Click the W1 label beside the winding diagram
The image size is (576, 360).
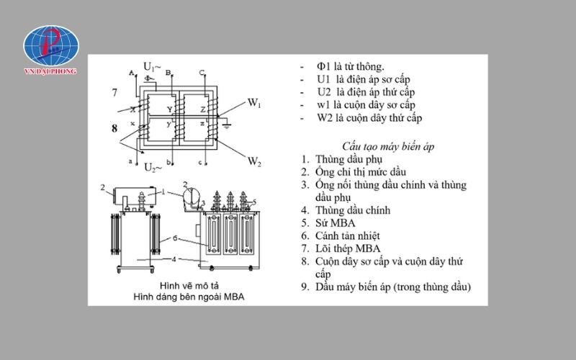[x=254, y=104]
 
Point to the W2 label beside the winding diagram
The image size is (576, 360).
[x=254, y=161]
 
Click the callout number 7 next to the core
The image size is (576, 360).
[x=114, y=93]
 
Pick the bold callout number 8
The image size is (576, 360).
[x=114, y=129]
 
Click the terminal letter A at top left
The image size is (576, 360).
[x=130, y=73]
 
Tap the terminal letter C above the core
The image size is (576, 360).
[x=202, y=73]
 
